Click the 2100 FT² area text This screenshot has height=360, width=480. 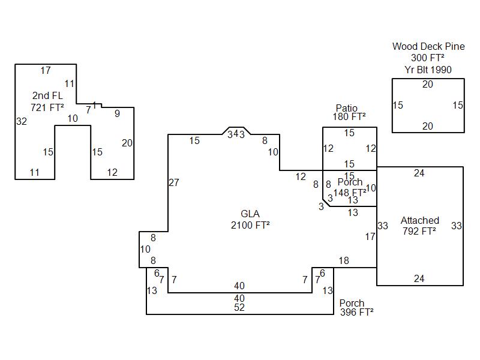coord(250,225)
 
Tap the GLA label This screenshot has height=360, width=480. coord(250,214)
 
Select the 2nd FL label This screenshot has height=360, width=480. coord(47,95)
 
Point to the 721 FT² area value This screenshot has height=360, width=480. coord(47,107)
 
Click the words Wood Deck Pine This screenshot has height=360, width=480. coord(428,46)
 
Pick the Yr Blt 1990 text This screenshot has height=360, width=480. coord(428,70)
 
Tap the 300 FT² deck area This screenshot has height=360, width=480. coord(428,58)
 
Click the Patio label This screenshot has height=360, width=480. coord(347,108)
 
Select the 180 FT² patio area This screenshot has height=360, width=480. coord(349,116)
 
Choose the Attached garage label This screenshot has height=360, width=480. coord(420,220)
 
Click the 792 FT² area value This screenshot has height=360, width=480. coord(420,230)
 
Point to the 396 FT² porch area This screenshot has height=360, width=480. coord(356,312)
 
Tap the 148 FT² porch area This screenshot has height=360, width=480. coord(349,192)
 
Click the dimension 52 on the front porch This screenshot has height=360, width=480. coord(239,308)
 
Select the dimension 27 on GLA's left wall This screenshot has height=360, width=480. coord(174,182)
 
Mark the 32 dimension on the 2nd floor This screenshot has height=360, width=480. coord(22,121)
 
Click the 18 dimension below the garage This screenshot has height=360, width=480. coord(344,260)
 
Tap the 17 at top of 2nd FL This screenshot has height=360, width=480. coord(46,71)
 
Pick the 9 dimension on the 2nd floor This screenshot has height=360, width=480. coord(117,113)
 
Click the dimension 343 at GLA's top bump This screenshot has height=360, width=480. coord(236,134)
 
